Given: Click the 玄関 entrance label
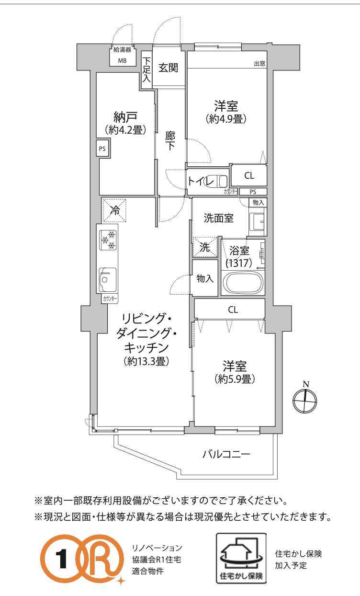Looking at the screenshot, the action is click(x=169, y=68).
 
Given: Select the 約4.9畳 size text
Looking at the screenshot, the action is click(x=226, y=119).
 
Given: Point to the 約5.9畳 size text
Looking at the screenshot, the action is click(x=235, y=379).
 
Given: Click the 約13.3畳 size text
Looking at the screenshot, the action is click(x=146, y=361).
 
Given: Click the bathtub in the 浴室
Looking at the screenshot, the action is click(x=243, y=282).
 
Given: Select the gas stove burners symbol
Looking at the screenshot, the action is click(x=108, y=240).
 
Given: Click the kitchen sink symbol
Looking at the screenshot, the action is click(x=108, y=279).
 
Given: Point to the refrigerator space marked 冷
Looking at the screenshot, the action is click(x=114, y=210).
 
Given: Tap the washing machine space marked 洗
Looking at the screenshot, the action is click(x=205, y=247).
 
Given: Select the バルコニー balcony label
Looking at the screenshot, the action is click(x=226, y=454).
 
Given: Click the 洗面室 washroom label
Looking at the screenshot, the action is click(x=219, y=218).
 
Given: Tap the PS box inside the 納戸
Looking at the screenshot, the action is click(x=103, y=149).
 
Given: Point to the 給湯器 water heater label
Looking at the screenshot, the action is click(x=122, y=49).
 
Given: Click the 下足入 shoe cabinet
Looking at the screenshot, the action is click(x=146, y=70).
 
